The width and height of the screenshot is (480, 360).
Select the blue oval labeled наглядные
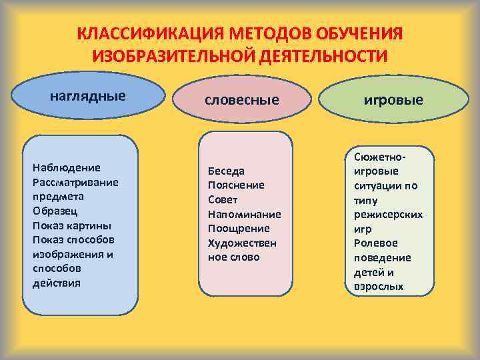(x=89, y=95)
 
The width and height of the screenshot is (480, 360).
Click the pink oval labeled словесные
(x=241, y=100)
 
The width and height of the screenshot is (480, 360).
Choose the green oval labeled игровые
(x=393, y=100)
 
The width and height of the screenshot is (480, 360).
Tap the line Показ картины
(x=72, y=225)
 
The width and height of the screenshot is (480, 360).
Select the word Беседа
(x=227, y=171)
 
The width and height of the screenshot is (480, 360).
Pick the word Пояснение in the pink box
(x=236, y=185)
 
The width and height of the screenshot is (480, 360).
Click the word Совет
(x=223, y=200)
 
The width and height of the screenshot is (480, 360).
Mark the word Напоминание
(x=244, y=214)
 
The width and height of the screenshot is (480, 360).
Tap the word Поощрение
(x=239, y=229)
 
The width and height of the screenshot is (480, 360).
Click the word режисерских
(x=389, y=215)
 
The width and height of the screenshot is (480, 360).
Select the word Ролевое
(x=376, y=243)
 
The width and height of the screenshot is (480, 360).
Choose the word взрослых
(x=379, y=287)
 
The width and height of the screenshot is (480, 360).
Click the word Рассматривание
(x=75, y=182)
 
